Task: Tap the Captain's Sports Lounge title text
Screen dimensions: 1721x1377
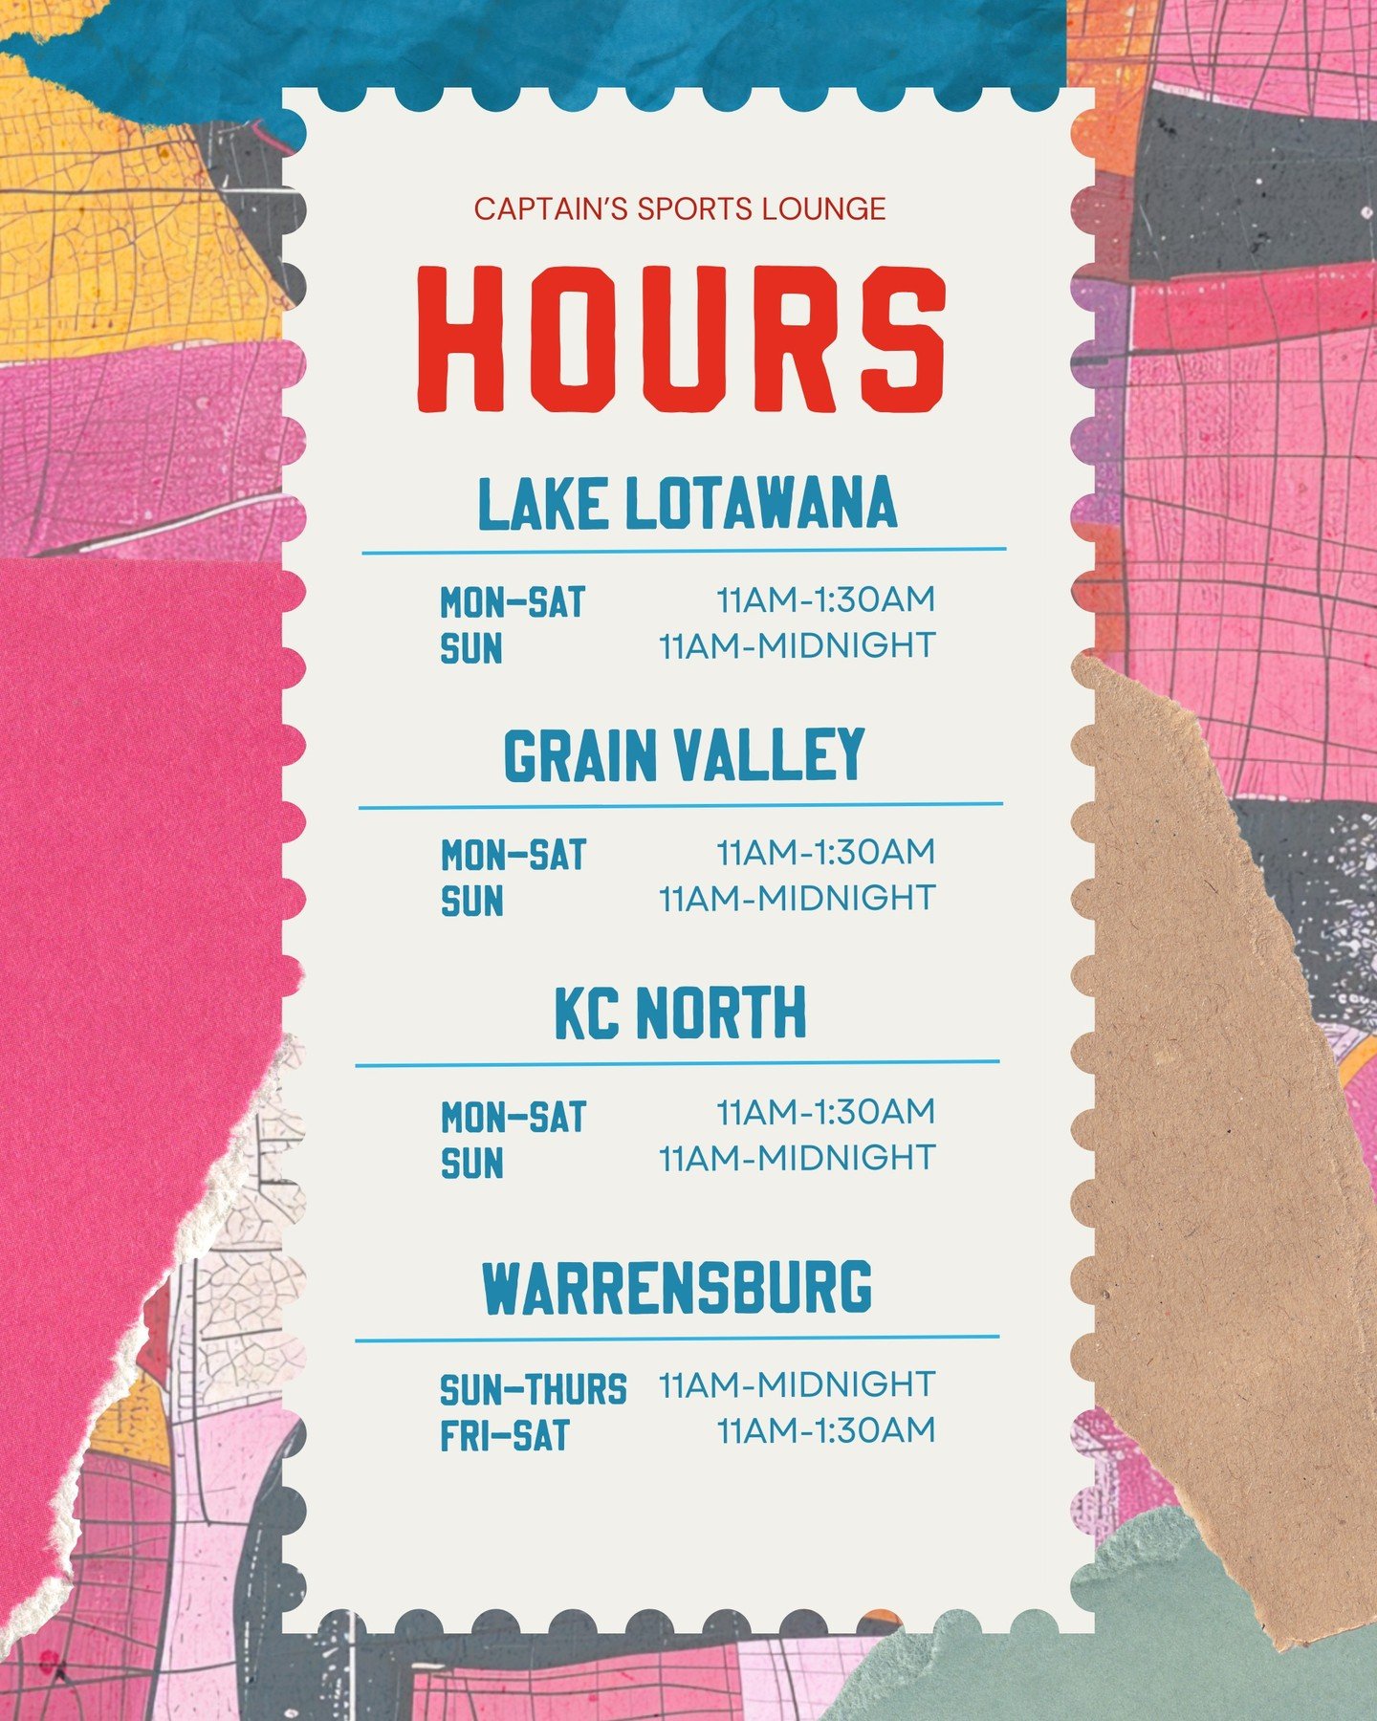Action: tap(680, 208)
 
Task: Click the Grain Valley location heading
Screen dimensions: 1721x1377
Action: tap(684, 756)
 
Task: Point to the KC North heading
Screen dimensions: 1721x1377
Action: tap(681, 1013)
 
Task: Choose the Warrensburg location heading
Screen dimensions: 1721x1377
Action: tap(677, 1287)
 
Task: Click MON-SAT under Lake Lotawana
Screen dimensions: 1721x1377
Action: tap(513, 602)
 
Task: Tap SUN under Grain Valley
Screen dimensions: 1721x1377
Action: tap(472, 902)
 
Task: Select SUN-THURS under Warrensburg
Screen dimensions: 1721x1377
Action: tap(533, 1389)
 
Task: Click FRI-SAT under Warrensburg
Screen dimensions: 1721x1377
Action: tap(504, 1436)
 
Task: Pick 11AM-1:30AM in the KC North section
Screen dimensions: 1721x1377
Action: tap(825, 1112)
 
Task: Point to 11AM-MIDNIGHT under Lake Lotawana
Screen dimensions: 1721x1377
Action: tap(797, 646)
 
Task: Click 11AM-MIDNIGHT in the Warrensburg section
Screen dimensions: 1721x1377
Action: tap(797, 1384)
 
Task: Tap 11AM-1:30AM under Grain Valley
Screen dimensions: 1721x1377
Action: tap(825, 852)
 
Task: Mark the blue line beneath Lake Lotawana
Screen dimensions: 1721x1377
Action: tap(684, 552)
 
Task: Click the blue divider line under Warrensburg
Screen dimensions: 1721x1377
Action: tap(677, 1339)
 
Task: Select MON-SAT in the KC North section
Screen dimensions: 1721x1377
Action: tap(514, 1117)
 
